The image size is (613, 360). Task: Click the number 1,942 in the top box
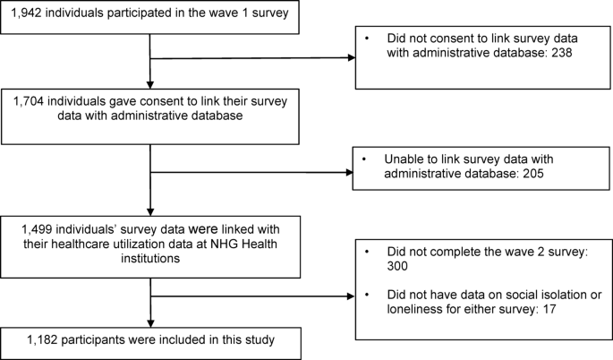26,13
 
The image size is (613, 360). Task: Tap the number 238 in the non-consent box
562,53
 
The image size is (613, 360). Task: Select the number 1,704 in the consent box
29,101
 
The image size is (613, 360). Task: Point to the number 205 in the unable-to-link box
533,174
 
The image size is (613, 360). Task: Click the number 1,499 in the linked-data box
37,229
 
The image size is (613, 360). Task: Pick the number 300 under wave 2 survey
397,266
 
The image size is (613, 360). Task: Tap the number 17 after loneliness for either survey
549,309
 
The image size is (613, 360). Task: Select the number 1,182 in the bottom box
42,340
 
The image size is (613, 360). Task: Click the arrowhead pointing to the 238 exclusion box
352,58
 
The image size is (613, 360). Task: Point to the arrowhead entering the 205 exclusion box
349,173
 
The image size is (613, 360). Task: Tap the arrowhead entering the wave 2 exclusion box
351,296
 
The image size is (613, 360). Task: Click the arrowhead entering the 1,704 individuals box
149,85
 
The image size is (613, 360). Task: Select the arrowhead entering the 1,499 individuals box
150,211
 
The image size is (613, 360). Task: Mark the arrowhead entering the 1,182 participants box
150,323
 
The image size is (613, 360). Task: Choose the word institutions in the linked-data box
150,259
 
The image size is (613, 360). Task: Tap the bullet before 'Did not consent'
367,39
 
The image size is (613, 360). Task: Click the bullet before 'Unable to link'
364,159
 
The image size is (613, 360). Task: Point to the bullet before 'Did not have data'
367,295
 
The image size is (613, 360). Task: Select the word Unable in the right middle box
404,159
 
